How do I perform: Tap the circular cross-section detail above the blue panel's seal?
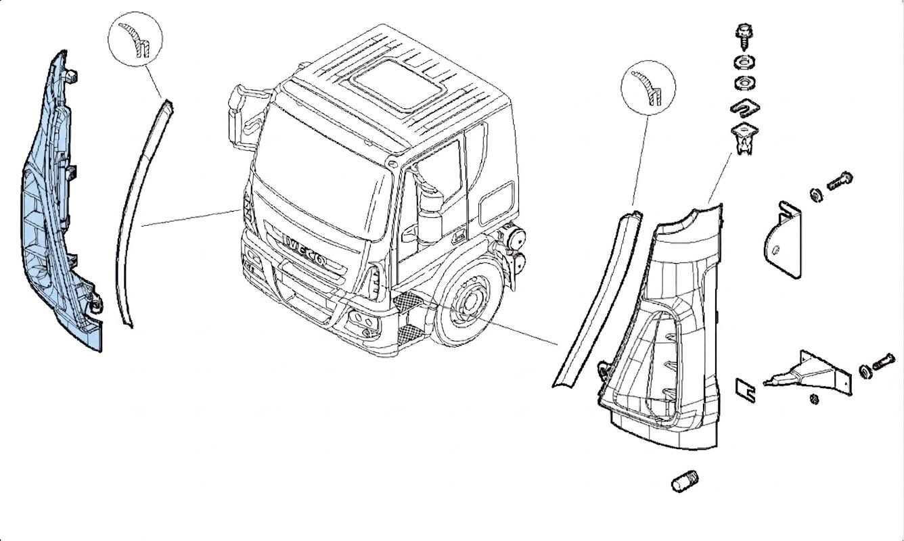click(x=135, y=39)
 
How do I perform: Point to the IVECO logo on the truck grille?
click(x=304, y=250)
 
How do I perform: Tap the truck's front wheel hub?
click(x=470, y=300)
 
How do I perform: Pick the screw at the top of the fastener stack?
click(x=744, y=37)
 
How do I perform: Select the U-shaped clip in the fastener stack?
click(x=745, y=108)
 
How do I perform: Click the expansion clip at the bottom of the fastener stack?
click(x=744, y=139)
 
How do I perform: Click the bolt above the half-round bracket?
click(x=840, y=181)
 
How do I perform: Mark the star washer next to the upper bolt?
click(x=817, y=195)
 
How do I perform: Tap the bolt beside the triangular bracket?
click(x=884, y=361)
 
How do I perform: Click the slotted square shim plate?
click(x=746, y=390)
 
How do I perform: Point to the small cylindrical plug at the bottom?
click(x=685, y=481)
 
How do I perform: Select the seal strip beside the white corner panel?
click(x=597, y=298)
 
